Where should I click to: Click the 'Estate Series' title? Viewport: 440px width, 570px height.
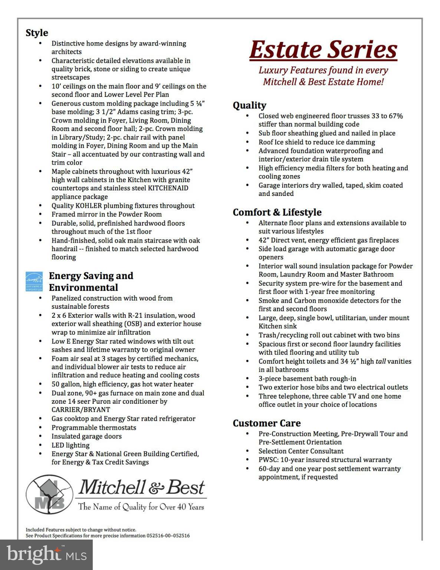click(x=323, y=50)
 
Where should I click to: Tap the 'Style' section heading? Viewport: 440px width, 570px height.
click(x=37, y=33)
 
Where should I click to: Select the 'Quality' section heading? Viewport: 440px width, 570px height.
click(x=249, y=105)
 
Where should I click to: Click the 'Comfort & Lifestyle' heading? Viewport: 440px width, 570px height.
click(x=277, y=212)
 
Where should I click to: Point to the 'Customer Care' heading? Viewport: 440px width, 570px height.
click(x=267, y=423)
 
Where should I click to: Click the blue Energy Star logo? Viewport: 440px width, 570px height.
click(x=34, y=281)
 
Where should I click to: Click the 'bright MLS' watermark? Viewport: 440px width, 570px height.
click(x=46, y=554)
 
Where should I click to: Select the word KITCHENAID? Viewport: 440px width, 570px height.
click(x=168, y=188)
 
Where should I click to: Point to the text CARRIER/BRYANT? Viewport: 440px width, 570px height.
click(x=81, y=410)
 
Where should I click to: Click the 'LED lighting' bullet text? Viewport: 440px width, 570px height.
click(x=70, y=445)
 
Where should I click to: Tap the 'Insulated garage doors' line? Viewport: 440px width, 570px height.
click(x=86, y=436)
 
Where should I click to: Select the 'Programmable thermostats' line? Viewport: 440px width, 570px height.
click(x=94, y=427)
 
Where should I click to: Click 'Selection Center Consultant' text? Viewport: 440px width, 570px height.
click(x=301, y=451)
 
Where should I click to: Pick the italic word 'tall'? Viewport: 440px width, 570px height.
click(x=381, y=361)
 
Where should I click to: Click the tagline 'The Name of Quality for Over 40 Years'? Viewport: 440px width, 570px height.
click(x=141, y=507)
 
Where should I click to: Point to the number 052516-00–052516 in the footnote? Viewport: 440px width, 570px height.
click(x=168, y=535)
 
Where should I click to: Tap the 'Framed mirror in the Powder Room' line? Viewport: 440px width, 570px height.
click(x=106, y=214)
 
